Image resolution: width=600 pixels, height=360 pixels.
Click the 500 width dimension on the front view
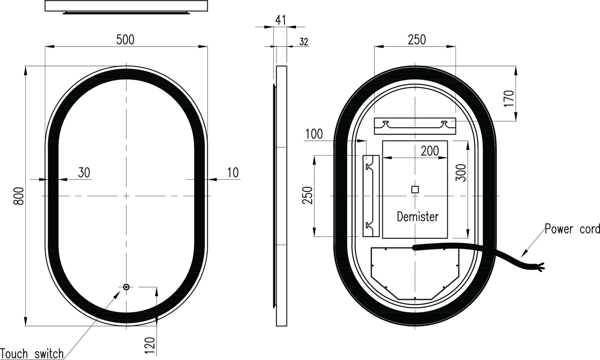tap(125, 40)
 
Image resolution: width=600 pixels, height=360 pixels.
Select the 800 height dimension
tap(18, 196)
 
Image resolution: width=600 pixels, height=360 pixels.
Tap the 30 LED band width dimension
tap(84, 173)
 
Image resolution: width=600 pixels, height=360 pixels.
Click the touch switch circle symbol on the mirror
tap(126, 287)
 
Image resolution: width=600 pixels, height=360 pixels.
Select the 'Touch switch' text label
tap(32, 354)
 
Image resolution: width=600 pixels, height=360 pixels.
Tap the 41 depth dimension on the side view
tap(281, 20)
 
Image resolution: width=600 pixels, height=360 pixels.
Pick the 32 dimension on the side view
tap(304, 42)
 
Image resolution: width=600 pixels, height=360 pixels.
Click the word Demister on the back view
tap(417, 217)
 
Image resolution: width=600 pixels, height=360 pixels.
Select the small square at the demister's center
tap(415, 189)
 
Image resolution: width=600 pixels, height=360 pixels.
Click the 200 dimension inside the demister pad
tap(429, 151)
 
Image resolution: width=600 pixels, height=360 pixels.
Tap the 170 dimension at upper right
tap(510, 98)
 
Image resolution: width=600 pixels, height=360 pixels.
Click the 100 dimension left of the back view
tap(314, 134)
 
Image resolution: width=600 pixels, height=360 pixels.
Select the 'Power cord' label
tap(572, 229)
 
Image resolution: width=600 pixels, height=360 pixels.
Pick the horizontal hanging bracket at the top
tap(415, 126)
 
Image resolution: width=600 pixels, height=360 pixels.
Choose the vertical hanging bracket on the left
tap(371, 196)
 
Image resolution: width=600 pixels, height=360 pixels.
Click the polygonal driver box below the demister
tap(414, 272)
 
